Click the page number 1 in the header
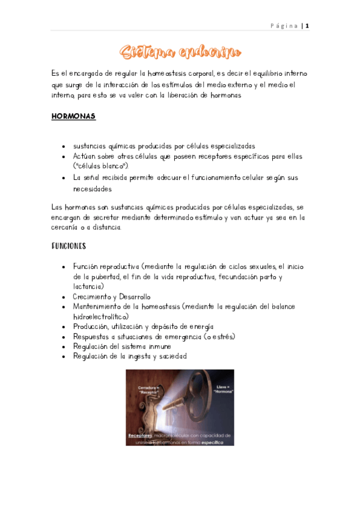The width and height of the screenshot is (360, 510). [307, 26]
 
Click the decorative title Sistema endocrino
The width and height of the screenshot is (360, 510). [180, 52]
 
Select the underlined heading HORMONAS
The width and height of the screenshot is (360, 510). [74, 116]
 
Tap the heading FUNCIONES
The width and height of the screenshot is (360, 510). [69, 246]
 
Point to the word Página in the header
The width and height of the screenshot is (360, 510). [284, 26]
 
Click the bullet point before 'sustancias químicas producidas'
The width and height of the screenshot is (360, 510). [64, 146]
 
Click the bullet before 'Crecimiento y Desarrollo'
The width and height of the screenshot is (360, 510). [64, 297]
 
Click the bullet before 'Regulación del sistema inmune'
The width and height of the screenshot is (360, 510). [64, 346]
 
